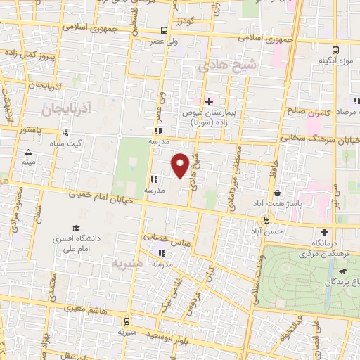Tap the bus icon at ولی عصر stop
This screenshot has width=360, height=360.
[163, 30]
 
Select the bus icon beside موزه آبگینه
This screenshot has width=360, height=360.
[336, 50]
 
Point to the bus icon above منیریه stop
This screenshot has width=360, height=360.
[127, 321]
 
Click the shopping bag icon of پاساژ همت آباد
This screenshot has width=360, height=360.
[278, 192]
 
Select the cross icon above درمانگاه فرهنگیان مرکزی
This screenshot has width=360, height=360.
[324, 232]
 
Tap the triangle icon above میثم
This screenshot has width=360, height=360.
[28, 152]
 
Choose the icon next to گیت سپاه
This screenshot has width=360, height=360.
[65, 132]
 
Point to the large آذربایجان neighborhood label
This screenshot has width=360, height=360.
[63, 110]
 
